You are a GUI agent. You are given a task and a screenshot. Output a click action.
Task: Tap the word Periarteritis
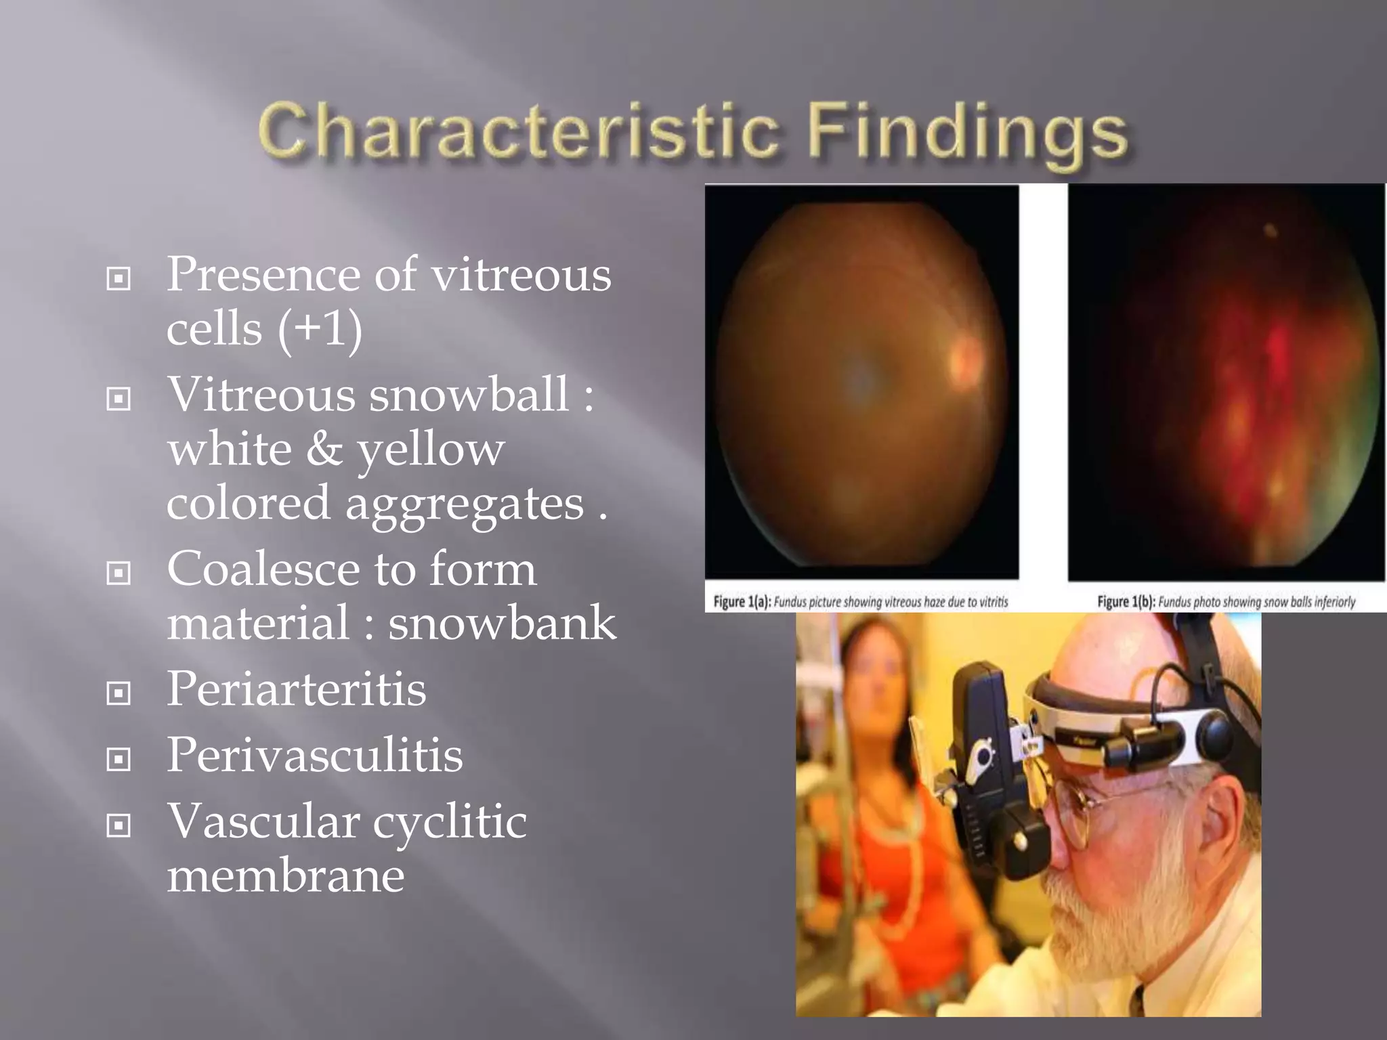point(296,689)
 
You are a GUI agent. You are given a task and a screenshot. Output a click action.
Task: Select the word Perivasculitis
point(314,755)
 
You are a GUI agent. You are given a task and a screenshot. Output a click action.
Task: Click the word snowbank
point(502,624)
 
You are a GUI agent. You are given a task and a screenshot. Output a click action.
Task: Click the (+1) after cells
point(319,330)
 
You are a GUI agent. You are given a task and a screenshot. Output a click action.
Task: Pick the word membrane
point(285,875)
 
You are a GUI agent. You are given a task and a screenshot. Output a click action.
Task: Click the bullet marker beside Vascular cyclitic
point(119,825)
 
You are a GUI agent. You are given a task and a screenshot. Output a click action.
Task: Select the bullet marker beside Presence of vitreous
point(119,278)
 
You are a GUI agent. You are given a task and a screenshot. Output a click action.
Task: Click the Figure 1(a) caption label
point(742,601)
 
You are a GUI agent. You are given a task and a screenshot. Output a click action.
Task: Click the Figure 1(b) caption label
point(1126,601)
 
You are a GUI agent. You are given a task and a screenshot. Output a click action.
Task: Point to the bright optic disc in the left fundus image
point(965,362)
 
